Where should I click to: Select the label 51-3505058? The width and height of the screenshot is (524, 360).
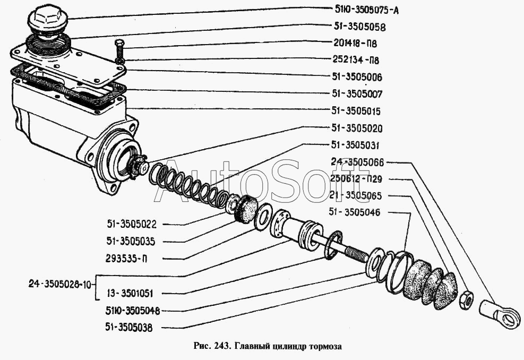[359, 26]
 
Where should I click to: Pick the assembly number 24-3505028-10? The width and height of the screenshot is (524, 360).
[59, 284]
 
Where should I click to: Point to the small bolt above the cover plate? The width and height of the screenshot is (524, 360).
[118, 51]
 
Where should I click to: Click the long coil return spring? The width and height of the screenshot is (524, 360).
[188, 186]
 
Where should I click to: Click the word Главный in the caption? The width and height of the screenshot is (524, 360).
[251, 346]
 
